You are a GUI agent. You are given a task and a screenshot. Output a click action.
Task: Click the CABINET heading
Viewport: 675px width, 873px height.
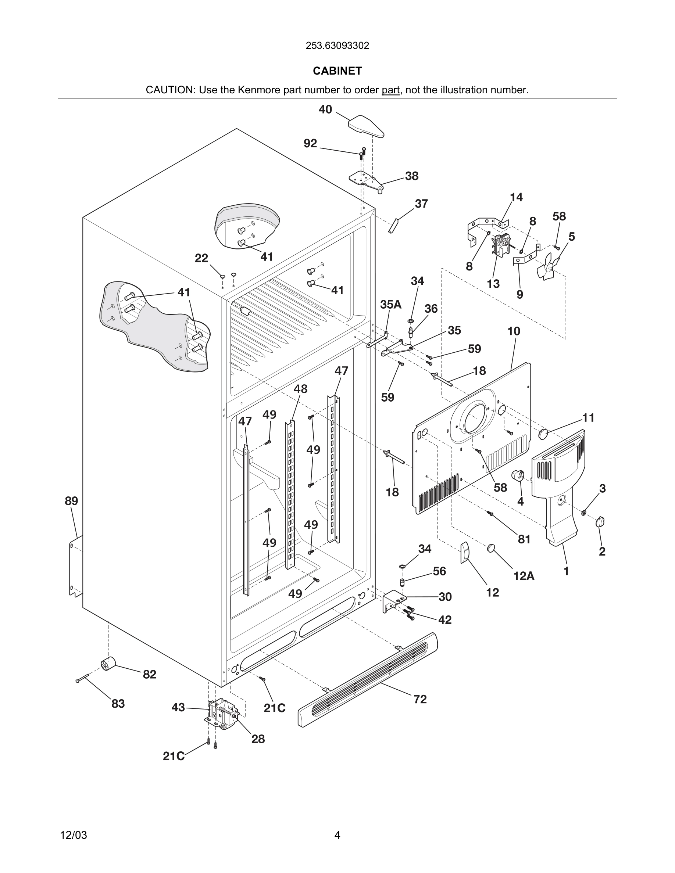(x=337, y=71)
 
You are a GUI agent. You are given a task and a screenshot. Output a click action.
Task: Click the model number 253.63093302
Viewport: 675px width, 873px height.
(x=337, y=46)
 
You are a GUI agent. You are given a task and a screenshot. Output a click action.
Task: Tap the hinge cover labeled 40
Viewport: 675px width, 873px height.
(x=366, y=126)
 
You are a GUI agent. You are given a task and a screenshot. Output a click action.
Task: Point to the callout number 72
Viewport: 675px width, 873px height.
(x=420, y=699)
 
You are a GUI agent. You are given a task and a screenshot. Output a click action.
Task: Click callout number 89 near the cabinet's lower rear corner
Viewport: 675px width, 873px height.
(x=72, y=500)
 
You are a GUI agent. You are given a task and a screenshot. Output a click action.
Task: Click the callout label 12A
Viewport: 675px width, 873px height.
(x=524, y=576)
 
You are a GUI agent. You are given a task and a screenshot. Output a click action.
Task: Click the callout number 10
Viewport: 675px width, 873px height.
(x=514, y=331)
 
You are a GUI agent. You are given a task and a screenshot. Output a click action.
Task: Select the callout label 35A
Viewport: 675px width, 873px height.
(x=390, y=304)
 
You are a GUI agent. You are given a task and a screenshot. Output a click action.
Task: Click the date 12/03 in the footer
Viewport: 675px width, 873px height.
(x=73, y=835)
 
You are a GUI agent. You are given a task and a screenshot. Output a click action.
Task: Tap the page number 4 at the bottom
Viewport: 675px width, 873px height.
(x=337, y=835)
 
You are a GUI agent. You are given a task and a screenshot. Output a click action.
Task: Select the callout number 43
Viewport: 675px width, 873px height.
(x=178, y=708)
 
